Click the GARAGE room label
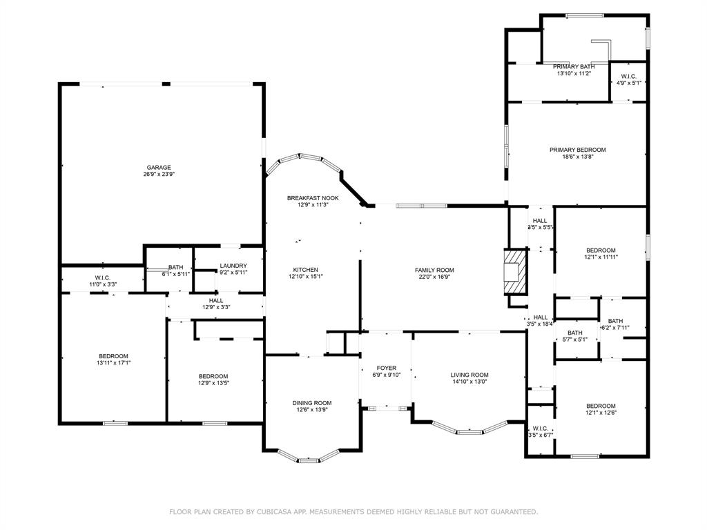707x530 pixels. coord(158,167)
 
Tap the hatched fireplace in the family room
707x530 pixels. coord(514,271)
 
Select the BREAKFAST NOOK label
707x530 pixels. coord(312,198)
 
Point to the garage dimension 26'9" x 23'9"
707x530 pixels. coord(158,175)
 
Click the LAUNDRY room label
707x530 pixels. coord(233,266)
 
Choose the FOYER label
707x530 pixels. coord(386,368)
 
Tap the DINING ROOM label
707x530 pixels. coord(312,403)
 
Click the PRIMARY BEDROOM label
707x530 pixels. coord(577,150)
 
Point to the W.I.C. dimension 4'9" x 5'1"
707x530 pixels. coord(628,83)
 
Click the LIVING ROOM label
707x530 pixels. coord(469,375)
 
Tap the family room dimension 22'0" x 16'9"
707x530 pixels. coord(434,277)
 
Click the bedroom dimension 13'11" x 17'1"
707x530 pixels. coord(113,363)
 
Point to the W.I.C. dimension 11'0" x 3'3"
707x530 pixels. coord(101,284)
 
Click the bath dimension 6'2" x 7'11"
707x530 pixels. coord(615,328)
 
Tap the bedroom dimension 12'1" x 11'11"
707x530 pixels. coord(601,257)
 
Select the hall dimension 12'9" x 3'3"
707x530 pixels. coord(216,307)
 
